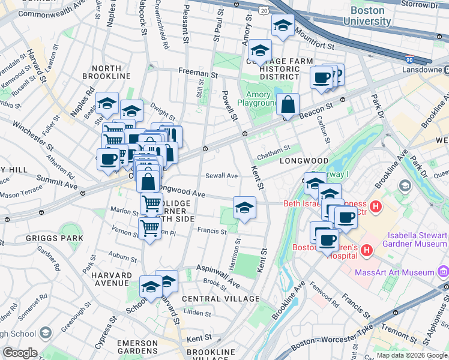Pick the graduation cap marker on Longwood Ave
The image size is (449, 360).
[244, 208]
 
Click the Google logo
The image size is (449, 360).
[19, 353]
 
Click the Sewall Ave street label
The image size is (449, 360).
[222, 176]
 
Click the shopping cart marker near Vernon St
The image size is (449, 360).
[149, 228]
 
